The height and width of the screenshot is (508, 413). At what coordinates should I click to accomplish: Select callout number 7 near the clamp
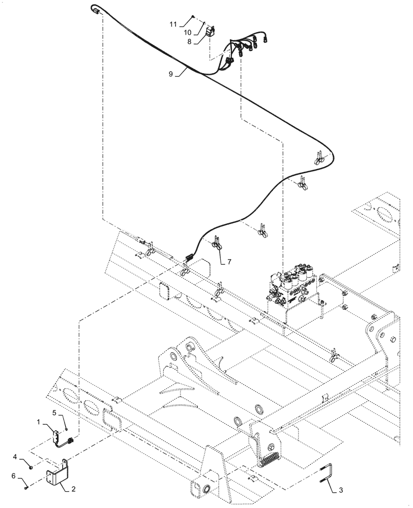[229, 262]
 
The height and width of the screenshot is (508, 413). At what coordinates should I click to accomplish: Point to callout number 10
[187, 34]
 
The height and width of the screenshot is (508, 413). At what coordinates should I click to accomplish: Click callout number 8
[189, 43]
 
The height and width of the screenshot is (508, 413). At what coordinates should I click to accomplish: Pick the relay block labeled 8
[210, 34]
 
